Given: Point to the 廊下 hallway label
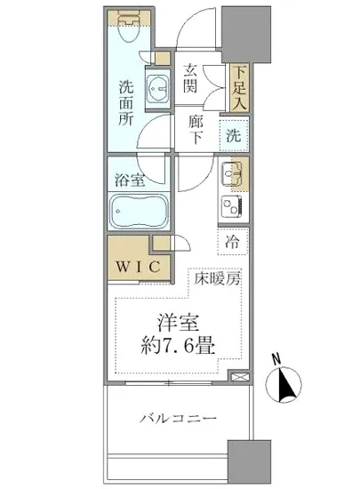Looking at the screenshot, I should [x=196, y=131].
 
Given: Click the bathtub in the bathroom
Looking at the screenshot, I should [x=137, y=212].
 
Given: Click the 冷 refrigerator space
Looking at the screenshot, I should [x=232, y=241].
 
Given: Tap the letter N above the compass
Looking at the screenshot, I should [x=277, y=360].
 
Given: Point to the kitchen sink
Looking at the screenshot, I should [x=234, y=172].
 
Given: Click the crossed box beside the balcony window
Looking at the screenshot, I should [x=236, y=376].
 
